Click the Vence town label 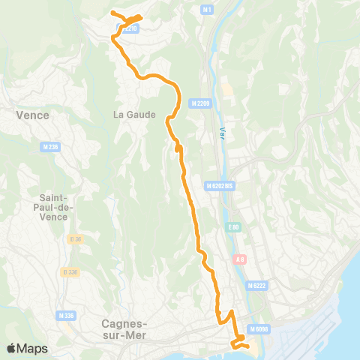point(32,115)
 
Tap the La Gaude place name point(134,115)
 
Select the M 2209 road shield point(200,103)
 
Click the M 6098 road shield point(259,329)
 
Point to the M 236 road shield point(51,147)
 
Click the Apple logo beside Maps point(12,348)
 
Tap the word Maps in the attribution point(33,349)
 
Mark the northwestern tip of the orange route point(112,13)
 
